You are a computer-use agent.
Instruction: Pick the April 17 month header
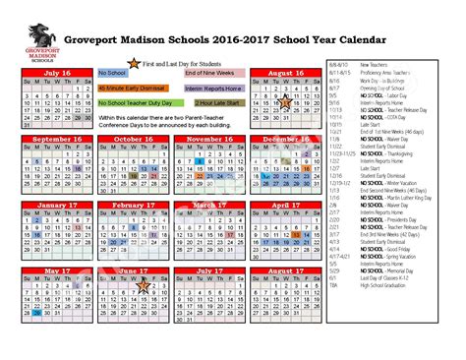pos(285,205)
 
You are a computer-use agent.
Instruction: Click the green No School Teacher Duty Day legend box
pos(137,102)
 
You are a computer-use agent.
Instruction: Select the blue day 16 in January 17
pos(36,234)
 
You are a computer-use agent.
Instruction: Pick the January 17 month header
pos(58,205)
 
